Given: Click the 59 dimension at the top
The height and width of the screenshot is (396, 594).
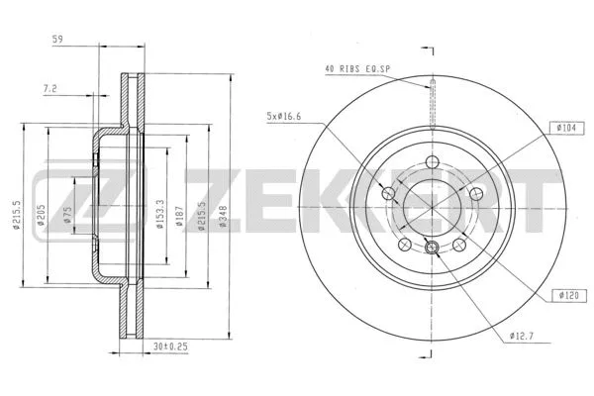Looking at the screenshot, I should coord(58,40).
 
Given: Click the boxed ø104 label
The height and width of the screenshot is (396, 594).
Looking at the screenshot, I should coord(566,128).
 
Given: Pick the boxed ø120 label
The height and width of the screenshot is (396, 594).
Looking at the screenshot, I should coord(566,296).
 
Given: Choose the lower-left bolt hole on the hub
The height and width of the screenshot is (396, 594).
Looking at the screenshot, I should coord(404,245).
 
